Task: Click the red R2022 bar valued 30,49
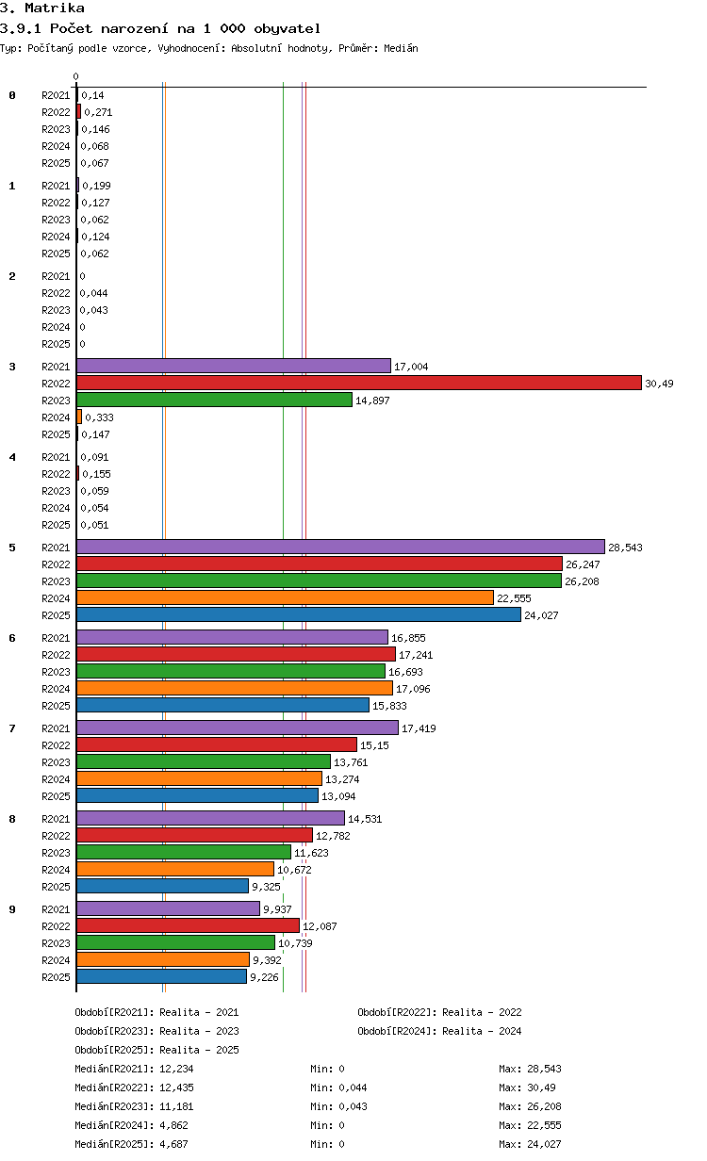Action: pyautogui.click(x=358, y=383)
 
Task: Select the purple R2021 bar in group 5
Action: pyautogui.click(x=340, y=547)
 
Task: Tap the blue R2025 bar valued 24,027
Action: pyautogui.click(x=299, y=614)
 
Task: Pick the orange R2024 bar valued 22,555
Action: pyautogui.click(x=285, y=597)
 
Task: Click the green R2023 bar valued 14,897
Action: pyautogui.click(x=214, y=400)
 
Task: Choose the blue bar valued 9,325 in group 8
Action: pyautogui.click(x=162, y=886)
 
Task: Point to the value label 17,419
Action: pyautogui.click(x=419, y=728)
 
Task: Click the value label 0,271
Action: pyautogui.click(x=98, y=112)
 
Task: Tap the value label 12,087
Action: pyautogui.click(x=320, y=926)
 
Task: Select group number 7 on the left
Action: pyautogui.click(x=12, y=728)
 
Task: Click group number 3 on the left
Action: pyautogui.click(x=12, y=367)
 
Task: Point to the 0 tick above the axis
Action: pyautogui.click(x=75, y=76)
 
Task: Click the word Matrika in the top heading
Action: pyautogui.click(x=55, y=8)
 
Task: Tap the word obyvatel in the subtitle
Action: pyautogui.click(x=288, y=28)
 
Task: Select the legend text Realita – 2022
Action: pyautogui.click(x=482, y=1012)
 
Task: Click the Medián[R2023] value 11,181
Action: pyautogui.click(x=176, y=1106)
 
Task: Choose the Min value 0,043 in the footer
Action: pyautogui.click(x=353, y=1106)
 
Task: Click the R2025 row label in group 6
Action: pyautogui.click(x=56, y=706)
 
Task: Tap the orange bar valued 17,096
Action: pyautogui.click(x=235, y=688)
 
